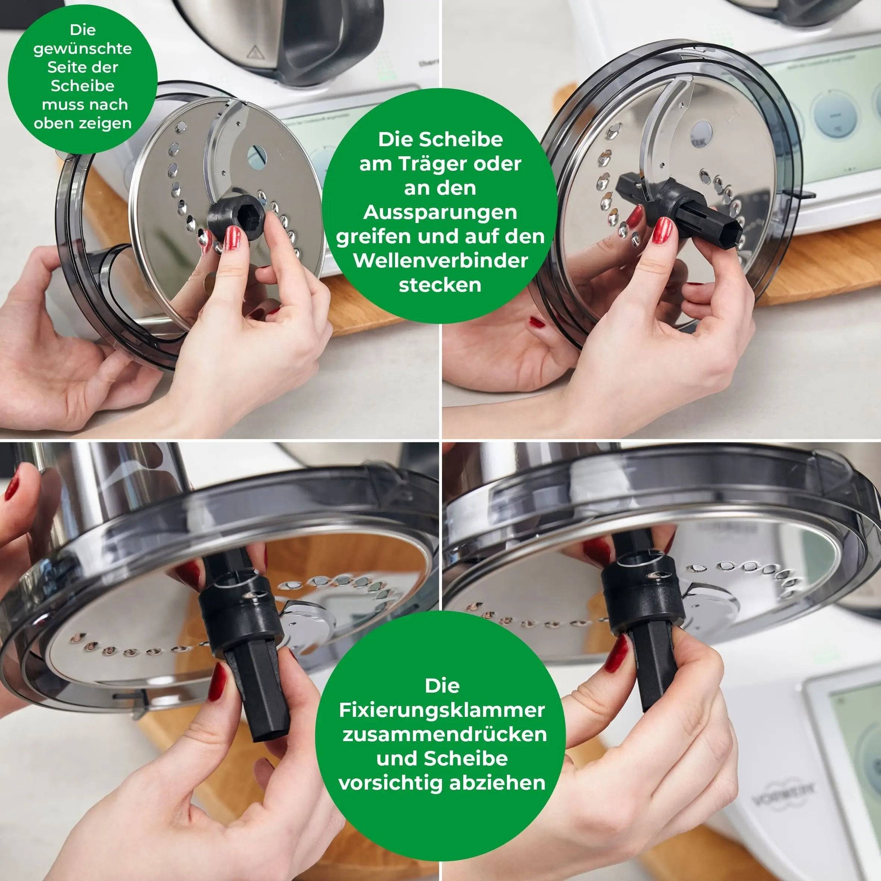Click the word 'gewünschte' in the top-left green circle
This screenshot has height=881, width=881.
click(82, 49)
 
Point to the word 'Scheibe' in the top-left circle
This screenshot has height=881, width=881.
click(82, 86)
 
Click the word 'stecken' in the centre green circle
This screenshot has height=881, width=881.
click(440, 285)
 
